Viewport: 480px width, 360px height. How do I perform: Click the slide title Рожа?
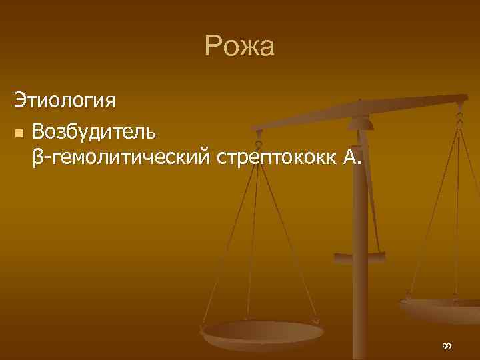pos(239,47)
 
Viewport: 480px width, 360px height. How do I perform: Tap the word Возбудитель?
pos(94,131)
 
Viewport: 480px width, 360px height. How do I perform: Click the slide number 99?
pos(446,347)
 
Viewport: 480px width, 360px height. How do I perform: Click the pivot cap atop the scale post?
pos(360,122)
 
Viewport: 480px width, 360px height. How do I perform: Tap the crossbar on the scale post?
pos(360,255)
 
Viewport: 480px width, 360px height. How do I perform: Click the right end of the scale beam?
pos(464,99)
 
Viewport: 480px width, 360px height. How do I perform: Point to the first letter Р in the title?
pos(213,47)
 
